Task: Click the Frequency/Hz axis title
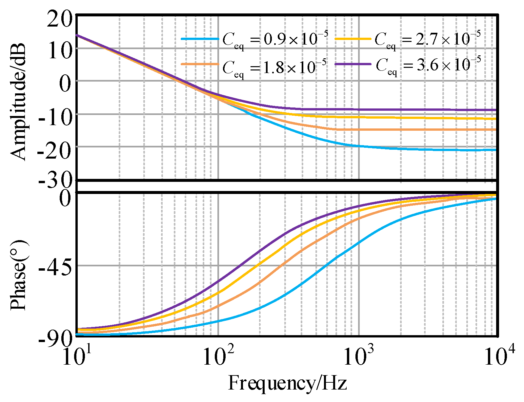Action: [x=287, y=383]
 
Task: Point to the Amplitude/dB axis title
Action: [x=18, y=102]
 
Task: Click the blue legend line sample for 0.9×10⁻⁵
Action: [x=200, y=39]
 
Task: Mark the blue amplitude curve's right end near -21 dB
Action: [x=494, y=150]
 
